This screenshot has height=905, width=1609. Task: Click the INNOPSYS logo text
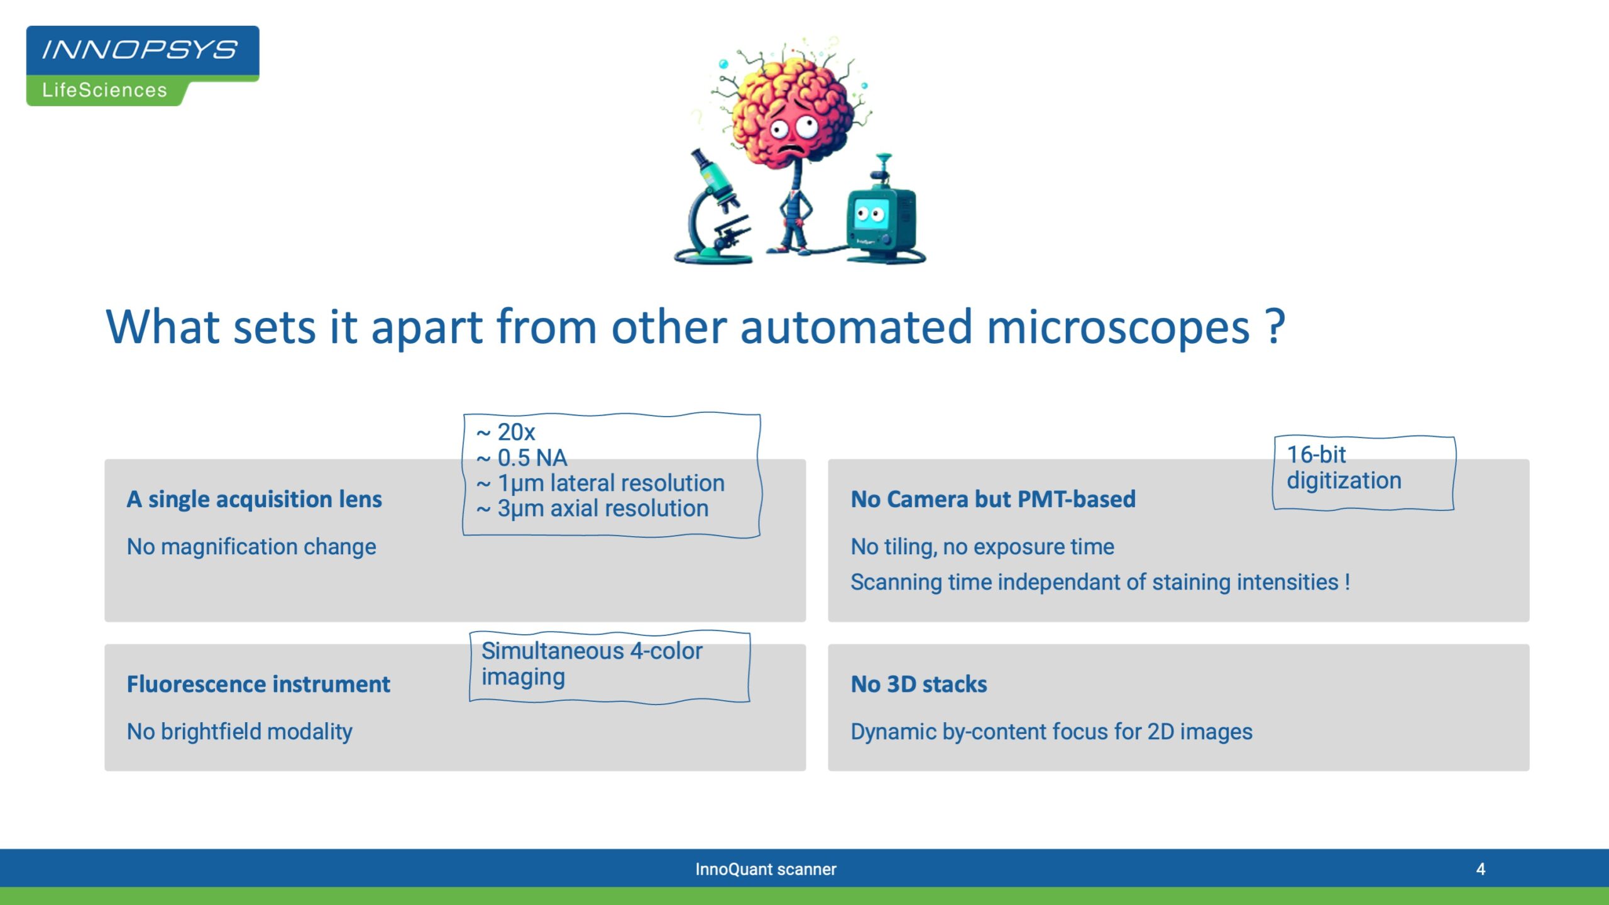[x=140, y=50]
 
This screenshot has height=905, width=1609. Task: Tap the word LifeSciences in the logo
[x=104, y=90]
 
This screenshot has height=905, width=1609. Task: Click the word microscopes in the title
[x=1118, y=327]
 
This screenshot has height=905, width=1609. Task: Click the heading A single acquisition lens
[x=254, y=499]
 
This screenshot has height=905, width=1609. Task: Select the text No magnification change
[x=251, y=547]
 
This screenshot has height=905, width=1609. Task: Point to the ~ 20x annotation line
[x=505, y=432]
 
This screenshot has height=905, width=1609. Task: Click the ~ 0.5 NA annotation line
[x=522, y=458]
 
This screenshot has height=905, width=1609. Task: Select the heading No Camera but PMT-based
[x=993, y=499]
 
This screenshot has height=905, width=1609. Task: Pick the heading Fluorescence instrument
[x=258, y=684]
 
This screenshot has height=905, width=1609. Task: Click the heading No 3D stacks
[x=919, y=684]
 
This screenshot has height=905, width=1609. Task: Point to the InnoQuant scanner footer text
[x=766, y=869]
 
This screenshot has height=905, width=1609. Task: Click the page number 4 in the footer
[x=1481, y=869]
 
